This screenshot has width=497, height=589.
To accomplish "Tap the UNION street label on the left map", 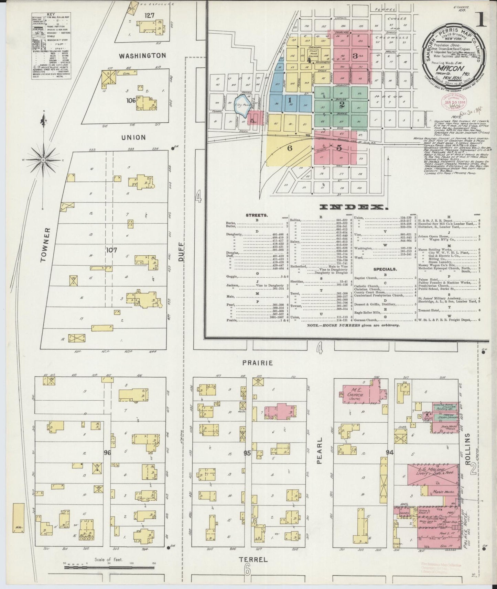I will [133, 137].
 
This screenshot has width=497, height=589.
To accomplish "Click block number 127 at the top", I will [150, 15].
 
